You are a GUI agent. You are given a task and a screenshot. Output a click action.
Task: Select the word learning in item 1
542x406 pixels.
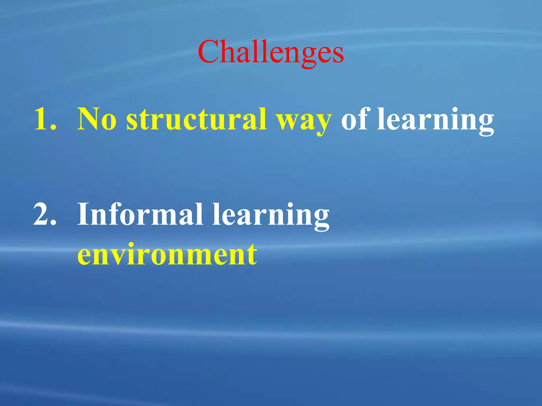[435, 120]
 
